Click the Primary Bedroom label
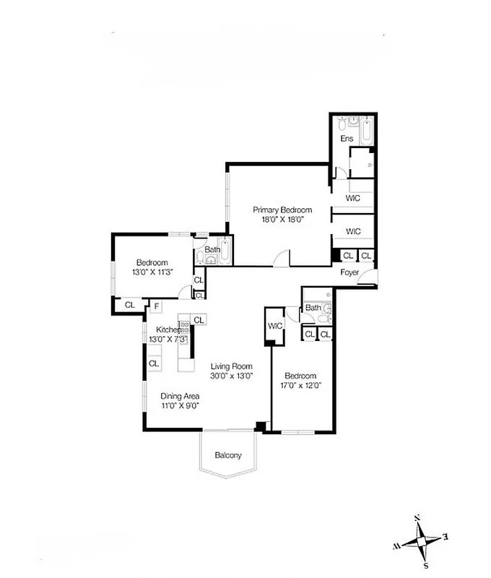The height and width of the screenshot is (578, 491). pyautogui.click(x=282, y=210)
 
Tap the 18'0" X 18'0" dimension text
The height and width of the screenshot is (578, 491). pyautogui.click(x=282, y=220)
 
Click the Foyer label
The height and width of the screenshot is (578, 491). pyautogui.click(x=351, y=272)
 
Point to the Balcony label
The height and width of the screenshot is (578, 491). pyautogui.click(x=227, y=455)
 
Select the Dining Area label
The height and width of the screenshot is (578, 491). pyautogui.click(x=180, y=396)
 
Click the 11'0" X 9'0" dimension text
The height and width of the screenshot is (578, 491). pyautogui.click(x=180, y=406)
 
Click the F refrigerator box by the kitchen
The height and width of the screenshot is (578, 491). pyautogui.click(x=156, y=306)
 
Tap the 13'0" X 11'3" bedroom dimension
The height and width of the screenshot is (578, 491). pyautogui.click(x=152, y=272)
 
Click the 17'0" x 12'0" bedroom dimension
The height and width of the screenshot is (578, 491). pyautogui.click(x=300, y=386)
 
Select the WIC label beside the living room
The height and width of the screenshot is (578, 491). pyautogui.click(x=275, y=327)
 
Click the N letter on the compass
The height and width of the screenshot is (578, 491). pyautogui.click(x=417, y=519)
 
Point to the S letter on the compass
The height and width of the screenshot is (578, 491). pyautogui.click(x=426, y=565)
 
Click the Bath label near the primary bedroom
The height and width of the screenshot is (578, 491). pyautogui.click(x=212, y=250)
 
